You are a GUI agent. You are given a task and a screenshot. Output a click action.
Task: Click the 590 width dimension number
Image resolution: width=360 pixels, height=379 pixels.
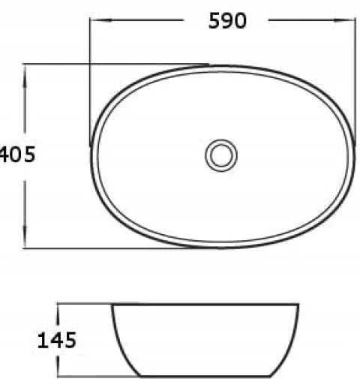(227, 21)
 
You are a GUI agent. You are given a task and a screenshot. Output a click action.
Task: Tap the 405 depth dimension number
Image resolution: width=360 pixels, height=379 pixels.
(17, 155)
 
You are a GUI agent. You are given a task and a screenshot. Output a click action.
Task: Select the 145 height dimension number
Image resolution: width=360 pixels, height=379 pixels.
(57, 340)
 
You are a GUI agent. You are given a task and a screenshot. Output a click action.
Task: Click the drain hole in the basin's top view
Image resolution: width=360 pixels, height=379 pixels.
(221, 155)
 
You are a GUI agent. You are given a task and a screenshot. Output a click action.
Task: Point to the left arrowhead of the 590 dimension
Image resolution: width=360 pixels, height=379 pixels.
(101, 20)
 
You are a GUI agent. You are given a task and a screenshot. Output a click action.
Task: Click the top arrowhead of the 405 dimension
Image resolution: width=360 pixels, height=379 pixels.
(25, 76)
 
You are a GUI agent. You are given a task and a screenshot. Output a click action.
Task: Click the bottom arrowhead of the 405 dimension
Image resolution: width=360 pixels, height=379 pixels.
(25, 236)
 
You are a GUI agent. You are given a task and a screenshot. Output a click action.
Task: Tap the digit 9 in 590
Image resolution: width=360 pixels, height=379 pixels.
(227, 21)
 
